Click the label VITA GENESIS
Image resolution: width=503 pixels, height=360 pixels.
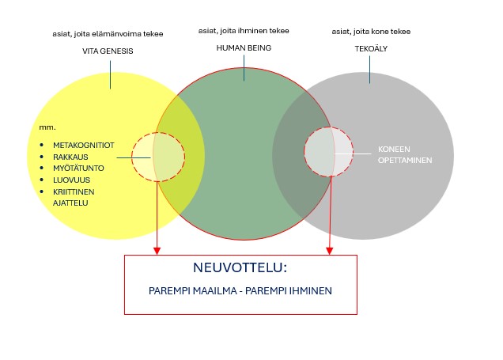tap(108, 51)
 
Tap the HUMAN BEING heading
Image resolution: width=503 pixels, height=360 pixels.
tap(244, 47)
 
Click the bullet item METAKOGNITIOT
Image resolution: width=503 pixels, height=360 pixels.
tap(85, 146)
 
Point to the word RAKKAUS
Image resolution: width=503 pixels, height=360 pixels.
tap(70, 157)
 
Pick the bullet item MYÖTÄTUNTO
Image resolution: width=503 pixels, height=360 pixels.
tap(78, 168)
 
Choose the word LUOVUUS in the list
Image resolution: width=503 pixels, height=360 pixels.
tap(70, 180)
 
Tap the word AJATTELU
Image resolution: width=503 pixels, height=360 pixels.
tap(70, 203)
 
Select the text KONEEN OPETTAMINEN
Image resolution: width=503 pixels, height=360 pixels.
tap(404, 153)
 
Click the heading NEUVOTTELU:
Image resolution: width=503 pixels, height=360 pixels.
tap(240, 268)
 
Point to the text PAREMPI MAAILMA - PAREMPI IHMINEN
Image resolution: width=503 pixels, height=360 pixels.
tap(240, 290)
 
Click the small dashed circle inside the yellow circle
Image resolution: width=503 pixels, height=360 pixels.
tap(158, 153)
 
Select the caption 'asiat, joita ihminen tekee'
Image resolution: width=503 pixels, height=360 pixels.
tap(244, 31)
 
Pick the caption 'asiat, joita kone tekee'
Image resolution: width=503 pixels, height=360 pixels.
tap(372, 32)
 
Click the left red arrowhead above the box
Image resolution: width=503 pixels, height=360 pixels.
tap(157, 250)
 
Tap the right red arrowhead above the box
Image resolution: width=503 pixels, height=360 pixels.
tap(330, 250)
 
